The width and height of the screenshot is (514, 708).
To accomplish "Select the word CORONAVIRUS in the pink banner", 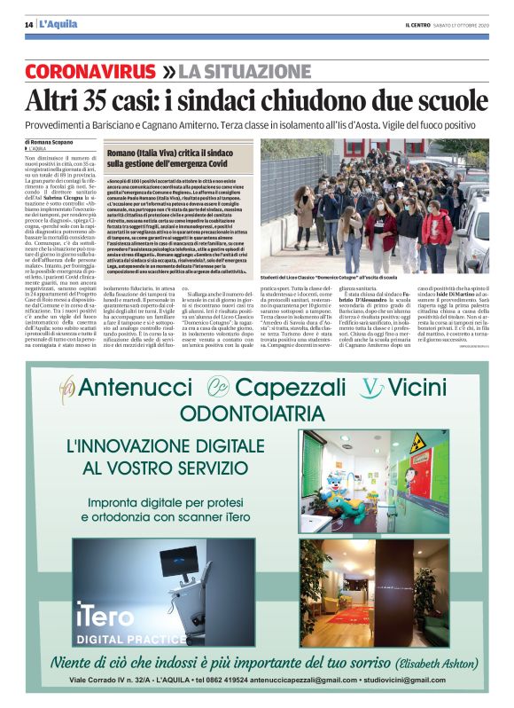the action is click(x=92, y=70).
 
